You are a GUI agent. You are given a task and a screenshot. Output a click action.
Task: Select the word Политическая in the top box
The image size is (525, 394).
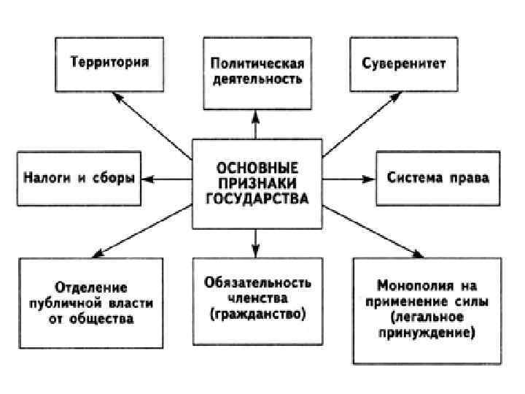(x=256, y=63)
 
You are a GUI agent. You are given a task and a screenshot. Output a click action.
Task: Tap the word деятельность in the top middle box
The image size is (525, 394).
(x=256, y=78)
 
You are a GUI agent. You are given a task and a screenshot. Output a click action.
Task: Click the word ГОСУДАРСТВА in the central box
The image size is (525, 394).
(x=256, y=198)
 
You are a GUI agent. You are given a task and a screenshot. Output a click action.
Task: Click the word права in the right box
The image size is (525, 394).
(x=467, y=178)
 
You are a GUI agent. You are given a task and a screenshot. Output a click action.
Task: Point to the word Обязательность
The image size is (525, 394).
(x=257, y=282)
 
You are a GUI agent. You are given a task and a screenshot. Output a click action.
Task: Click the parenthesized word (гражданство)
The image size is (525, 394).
(x=256, y=315)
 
